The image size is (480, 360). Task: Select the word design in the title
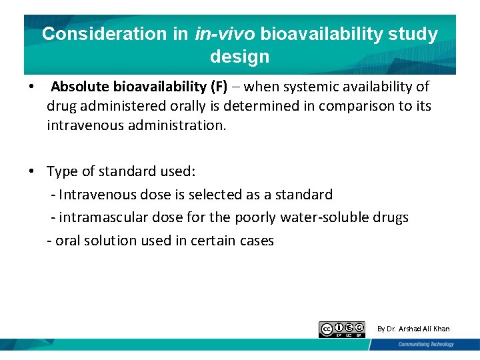point(239,57)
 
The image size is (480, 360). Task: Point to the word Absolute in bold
point(80,87)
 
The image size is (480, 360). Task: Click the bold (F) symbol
point(217,87)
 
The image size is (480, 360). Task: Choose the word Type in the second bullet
point(61,172)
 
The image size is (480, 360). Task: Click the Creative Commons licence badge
point(342,329)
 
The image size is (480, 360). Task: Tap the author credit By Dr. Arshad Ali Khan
point(413,329)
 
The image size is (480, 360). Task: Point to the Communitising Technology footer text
point(425,345)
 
